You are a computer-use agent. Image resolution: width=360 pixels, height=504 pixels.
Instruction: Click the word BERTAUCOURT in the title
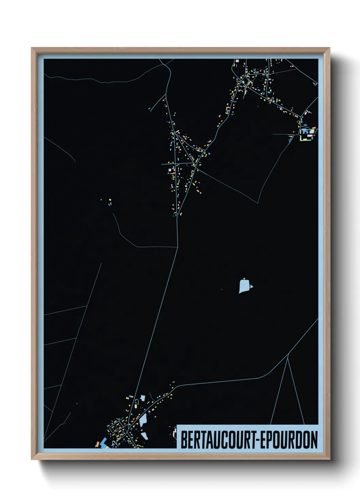(219, 440)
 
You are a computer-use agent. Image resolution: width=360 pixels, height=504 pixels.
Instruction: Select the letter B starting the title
(184, 440)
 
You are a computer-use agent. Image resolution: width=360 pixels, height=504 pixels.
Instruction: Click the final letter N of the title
(314, 440)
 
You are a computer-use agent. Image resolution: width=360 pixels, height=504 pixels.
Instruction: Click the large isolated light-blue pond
(244, 286)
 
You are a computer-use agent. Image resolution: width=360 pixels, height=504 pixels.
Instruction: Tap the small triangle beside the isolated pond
(251, 287)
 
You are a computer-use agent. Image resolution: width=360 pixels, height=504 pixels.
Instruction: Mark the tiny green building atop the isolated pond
(244, 279)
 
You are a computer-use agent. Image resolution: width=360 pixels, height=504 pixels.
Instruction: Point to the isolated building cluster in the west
(109, 202)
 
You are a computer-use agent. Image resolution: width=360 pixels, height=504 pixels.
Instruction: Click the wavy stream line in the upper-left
(102, 81)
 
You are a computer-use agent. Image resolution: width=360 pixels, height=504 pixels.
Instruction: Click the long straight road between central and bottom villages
(158, 317)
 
